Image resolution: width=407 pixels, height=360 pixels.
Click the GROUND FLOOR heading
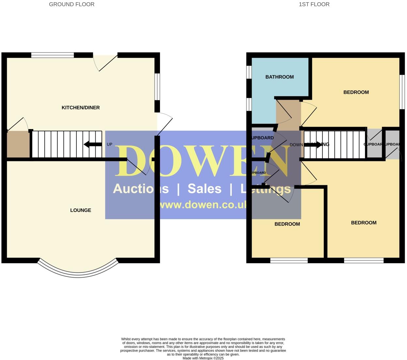71,4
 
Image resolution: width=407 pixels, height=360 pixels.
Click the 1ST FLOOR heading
314,4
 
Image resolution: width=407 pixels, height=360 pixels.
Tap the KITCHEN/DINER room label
81,107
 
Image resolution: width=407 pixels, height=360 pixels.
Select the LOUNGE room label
81,210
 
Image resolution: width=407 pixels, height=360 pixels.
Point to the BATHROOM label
279,77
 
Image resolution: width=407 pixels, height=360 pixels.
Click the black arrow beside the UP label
93,144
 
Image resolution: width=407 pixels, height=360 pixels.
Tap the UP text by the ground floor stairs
109,144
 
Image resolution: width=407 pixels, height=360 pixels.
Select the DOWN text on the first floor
296,145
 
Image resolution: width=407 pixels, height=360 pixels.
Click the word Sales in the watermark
204,189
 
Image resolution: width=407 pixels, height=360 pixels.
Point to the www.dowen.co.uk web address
202,205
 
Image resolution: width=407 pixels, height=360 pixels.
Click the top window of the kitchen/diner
53,55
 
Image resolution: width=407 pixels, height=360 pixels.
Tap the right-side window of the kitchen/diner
157,86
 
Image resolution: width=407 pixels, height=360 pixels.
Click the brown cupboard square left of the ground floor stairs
18,144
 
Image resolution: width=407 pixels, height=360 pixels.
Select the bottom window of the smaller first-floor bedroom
289,260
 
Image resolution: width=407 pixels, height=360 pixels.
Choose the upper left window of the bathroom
249,72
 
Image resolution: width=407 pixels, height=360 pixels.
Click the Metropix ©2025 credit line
203,358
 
